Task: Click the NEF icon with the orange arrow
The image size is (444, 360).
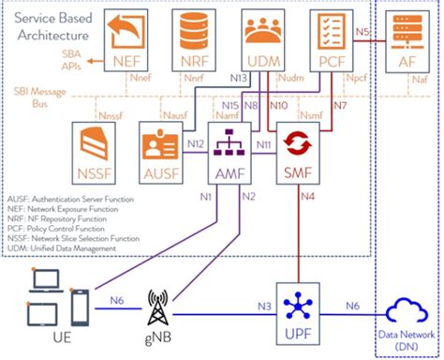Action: click(x=127, y=34)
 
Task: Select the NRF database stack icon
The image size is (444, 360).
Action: click(x=194, y=34)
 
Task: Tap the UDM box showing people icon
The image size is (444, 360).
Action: click(x=260, y=34)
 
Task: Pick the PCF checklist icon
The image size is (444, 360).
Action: click(x=328, y=34)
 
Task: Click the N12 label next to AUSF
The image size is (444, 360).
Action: click(x=195, y=142)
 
